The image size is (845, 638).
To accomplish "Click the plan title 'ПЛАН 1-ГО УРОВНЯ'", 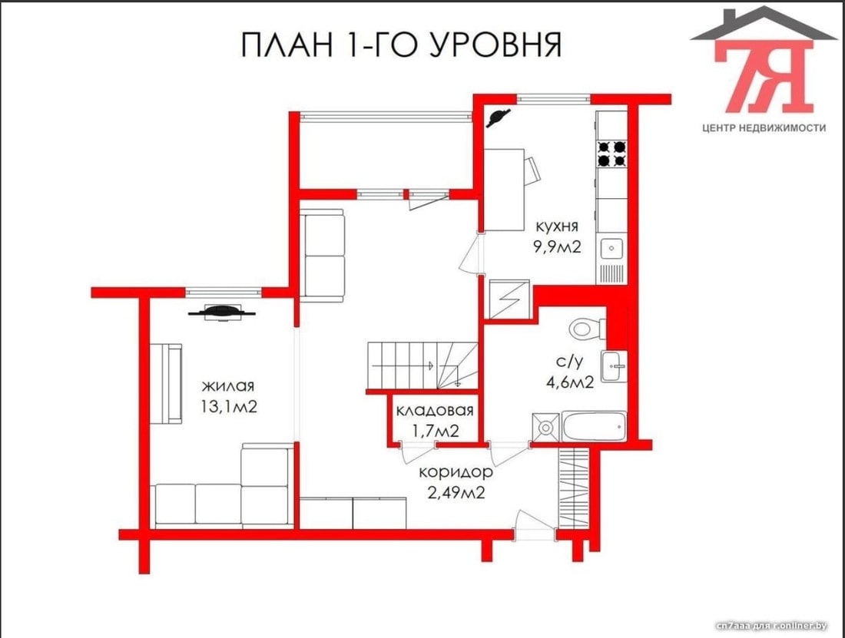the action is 401,45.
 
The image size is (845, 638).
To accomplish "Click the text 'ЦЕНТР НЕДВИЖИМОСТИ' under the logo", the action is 764,127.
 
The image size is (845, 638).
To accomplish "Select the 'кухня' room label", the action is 557,226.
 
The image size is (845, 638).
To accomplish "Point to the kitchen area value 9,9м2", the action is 557,247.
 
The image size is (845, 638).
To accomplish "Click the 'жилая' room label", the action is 228,386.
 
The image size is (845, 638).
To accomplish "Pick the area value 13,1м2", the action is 229,406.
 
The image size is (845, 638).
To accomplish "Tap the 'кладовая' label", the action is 434,411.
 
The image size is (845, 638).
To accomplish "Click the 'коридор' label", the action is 456,472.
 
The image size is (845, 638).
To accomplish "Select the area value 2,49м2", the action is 456,492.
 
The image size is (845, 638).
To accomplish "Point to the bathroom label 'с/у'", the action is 569,362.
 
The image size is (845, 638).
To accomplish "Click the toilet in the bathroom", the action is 588,328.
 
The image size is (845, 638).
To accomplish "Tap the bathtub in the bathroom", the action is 595,427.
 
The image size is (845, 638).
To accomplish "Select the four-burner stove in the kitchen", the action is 612,154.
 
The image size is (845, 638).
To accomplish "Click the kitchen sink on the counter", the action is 611,248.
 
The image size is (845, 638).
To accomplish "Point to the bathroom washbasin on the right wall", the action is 614,366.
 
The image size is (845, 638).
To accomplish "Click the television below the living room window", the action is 221,312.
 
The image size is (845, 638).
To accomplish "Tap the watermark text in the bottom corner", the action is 771,625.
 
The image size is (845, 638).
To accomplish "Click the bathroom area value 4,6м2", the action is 570,382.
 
